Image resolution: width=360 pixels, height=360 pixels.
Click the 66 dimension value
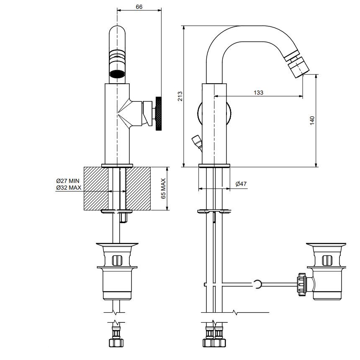click(139, 7)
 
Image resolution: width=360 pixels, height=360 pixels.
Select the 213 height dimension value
click(180, 96)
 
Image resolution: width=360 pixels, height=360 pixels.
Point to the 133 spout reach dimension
click(258, 93)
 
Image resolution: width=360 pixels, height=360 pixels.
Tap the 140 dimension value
click(312, 121)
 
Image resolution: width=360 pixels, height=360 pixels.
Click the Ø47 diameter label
click(241, 184)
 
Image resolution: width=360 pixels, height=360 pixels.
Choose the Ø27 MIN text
click(68, 181)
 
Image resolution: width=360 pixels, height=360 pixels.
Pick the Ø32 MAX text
click(69, 188)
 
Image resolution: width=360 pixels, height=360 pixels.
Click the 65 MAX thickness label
click(163, 188)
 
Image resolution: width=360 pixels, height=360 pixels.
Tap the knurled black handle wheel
click(159, 113)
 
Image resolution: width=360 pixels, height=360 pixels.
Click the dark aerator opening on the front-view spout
click(117, 74)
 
